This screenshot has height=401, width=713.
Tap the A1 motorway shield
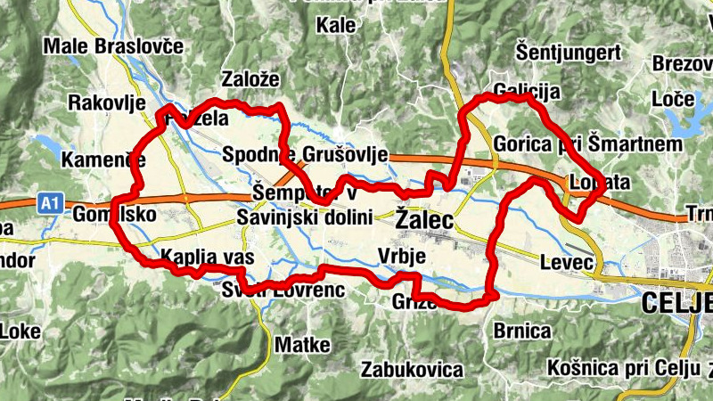[50, 205]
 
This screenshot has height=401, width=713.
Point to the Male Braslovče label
[113, 45]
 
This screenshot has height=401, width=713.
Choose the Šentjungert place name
[569, 52]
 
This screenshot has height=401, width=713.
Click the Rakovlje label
[107, 102]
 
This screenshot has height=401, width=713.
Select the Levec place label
[567, 262]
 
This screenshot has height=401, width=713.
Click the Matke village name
[303, 344]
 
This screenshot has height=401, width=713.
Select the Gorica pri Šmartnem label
[587, 143]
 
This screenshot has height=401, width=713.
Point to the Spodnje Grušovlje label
[305, 153]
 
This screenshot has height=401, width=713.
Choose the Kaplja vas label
[207, 258]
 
